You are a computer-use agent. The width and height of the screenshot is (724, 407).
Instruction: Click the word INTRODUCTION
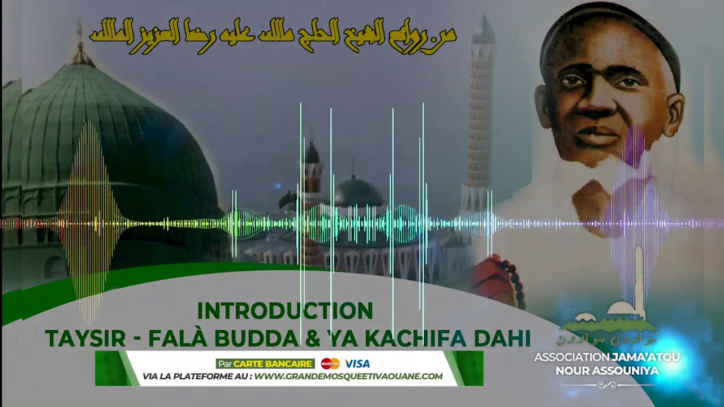point(285,311)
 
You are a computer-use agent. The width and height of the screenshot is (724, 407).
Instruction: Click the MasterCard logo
point(330,363)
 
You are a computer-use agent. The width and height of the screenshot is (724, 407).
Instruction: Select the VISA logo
point(357,363)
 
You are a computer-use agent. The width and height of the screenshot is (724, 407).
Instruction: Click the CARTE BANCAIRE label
point(273,363)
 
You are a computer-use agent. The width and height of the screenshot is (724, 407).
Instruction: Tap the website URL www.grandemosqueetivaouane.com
point(348,376)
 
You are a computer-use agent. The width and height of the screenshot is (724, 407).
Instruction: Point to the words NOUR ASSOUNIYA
point(607,370)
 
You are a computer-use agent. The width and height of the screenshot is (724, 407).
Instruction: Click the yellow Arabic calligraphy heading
point(272,35)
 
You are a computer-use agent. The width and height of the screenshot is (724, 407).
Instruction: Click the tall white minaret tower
point(480,113)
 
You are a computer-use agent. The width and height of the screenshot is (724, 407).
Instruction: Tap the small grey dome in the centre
point(357,192)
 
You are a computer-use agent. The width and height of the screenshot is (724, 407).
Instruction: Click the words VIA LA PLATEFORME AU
point(197,376)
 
